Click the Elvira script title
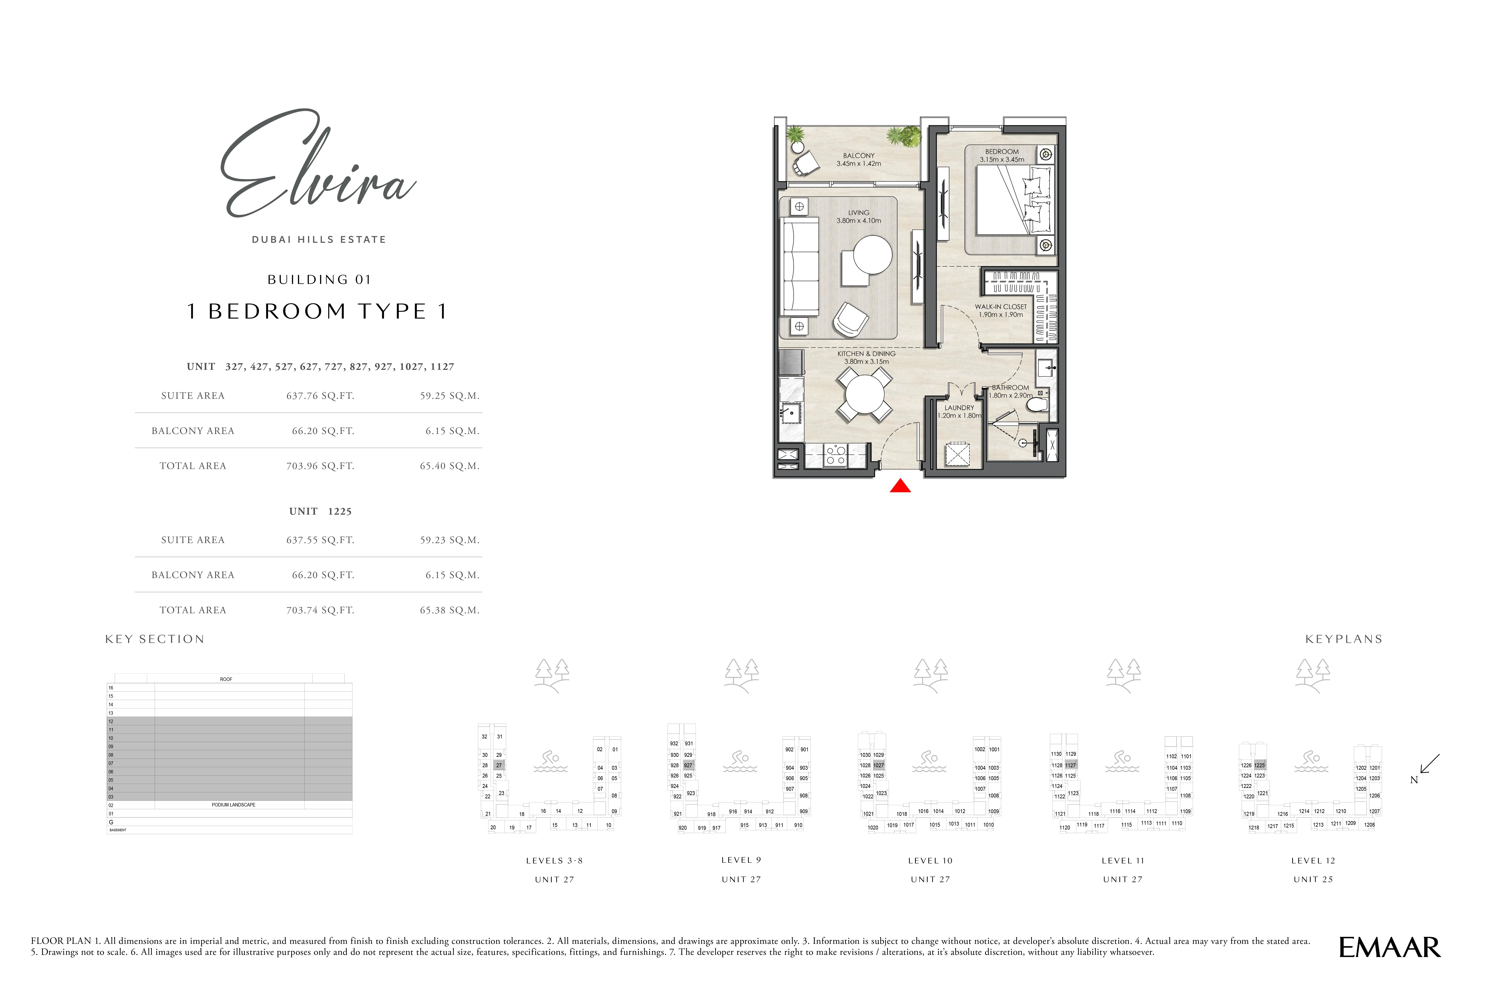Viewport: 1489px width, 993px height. click(x=317, y=168)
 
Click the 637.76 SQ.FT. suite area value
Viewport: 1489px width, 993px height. click(x=320, y=396)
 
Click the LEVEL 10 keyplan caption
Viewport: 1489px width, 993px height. click(x=930, y=861)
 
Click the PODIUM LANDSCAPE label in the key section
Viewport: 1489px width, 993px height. click(x=233, y=805)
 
